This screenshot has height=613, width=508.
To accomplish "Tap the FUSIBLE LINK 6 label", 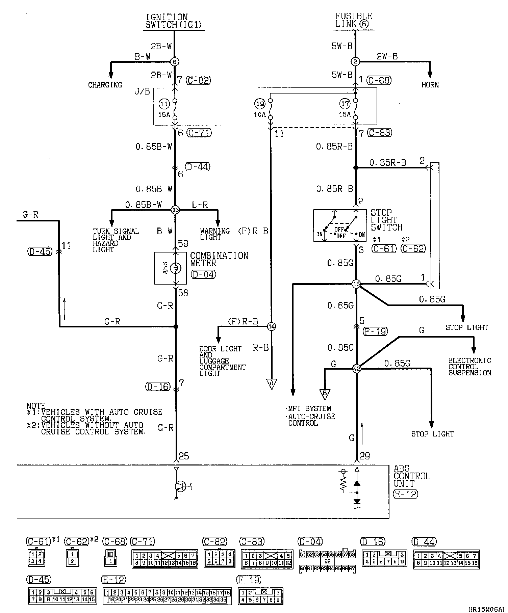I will click(x=353, y=20).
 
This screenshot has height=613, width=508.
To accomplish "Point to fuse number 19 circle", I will click(x=260, y=104).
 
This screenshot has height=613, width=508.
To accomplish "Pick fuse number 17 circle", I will click(x=345, y=104).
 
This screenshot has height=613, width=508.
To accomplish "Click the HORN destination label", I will click(x=430, y=85).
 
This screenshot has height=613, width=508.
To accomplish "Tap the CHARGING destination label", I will click(x=105, y=85).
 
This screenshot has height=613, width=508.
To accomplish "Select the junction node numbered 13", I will click(x=175, y=210).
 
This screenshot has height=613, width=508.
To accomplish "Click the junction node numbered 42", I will click(x=356, y=369).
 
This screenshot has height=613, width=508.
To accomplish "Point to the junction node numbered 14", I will click(x=272, y=326).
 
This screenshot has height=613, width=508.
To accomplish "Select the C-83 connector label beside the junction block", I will click(x=380, y=133).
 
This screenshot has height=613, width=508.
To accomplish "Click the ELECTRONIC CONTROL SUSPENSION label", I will click(x=469, y=367).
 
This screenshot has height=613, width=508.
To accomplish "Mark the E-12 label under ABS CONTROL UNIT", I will click(x=405, y=494).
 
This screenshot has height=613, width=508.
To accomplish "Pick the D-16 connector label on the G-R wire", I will click(x=157, y=387).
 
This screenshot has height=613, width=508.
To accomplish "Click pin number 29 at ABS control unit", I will click(x=364, y=456).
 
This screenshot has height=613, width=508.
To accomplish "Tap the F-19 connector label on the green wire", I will click(x=375, y=331).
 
